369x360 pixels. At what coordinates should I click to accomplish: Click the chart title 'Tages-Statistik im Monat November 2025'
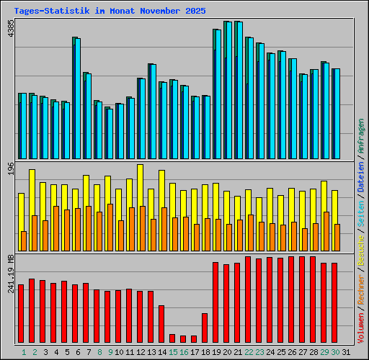pos(110,12)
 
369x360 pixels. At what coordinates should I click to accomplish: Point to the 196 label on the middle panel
pos(9,169)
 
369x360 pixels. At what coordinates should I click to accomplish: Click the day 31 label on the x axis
pos(346,352)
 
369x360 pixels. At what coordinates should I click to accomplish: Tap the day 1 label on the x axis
pos(24,352)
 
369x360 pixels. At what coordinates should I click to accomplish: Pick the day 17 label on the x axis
pos(194,352)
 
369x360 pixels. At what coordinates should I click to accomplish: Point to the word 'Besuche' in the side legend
pos(361,242)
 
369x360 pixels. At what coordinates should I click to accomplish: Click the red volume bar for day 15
pos(172,338)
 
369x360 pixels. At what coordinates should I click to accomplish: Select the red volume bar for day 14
pos(161,323)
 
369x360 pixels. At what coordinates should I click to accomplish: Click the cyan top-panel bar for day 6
pos(77,98)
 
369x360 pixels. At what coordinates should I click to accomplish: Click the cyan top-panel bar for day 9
pos(110,133)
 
